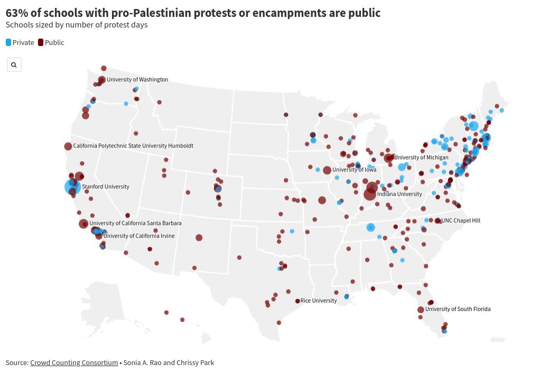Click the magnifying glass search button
[14, 65]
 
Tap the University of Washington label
[137, 80]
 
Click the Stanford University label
[105, 187]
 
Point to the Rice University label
[318, 301]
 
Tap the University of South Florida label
[458, 309]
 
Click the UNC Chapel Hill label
[461, 221]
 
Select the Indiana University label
[399, 194]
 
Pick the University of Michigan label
[421, 157]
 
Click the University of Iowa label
[354, 170]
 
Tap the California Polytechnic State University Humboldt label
[133, 146]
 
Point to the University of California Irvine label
[139, 236]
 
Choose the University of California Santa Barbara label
[136, 223]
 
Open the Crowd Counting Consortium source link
[74, 362]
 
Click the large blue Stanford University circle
[72, 187]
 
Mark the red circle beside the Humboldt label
[68, 147]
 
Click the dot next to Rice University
[298, 301]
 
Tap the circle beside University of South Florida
[421, 310]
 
